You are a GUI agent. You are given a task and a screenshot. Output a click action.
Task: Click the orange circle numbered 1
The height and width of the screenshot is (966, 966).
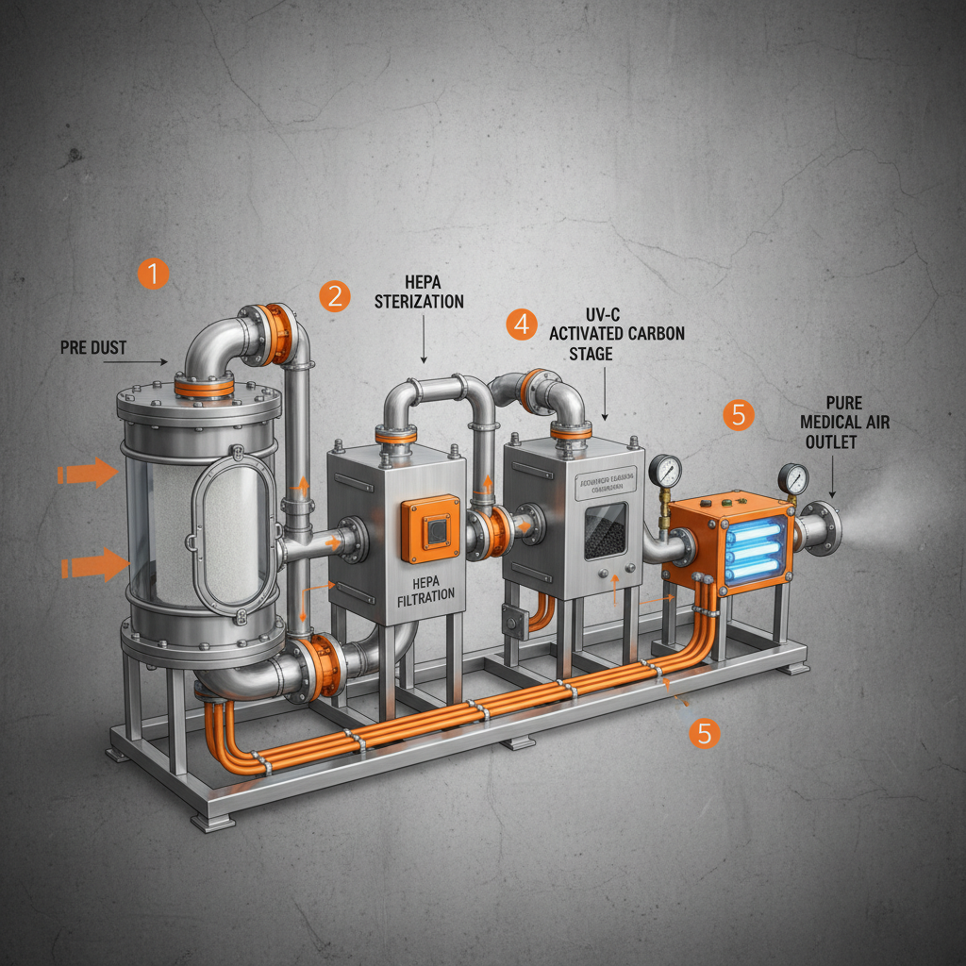click(x=153, y=275)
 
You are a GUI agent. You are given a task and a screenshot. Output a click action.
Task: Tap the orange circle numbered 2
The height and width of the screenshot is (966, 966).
click(x=334, y=295)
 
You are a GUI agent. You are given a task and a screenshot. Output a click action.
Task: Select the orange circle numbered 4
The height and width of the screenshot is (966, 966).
click(x=521, y=325)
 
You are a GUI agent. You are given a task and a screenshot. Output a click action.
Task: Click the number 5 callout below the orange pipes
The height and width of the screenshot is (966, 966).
click(x=705, y=733)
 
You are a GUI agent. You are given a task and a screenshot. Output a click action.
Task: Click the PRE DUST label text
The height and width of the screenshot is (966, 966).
click(x=93, y=347)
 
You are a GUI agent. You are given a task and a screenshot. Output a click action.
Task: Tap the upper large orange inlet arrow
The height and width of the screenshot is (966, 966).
click(x=92, y=473)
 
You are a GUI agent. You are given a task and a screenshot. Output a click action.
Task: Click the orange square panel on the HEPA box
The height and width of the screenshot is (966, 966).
click(x=430, y=531)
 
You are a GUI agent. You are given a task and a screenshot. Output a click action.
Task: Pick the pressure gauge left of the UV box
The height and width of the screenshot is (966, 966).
click(x=665, y=470)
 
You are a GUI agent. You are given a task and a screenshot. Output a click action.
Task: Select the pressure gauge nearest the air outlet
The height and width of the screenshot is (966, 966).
click(x=793, y=477)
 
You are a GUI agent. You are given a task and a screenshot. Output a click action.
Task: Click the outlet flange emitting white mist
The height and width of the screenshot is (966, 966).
click(x=822, y=529)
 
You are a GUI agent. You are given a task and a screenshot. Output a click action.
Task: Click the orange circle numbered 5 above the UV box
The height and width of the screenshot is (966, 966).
click(x=740, y=415)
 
